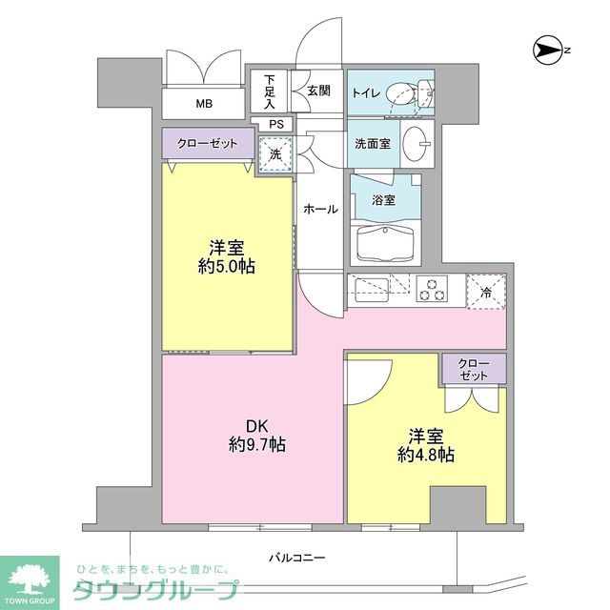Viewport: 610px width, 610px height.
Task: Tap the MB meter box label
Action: (x=205, y=104)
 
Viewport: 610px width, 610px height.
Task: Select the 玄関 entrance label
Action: (x=318, y=91)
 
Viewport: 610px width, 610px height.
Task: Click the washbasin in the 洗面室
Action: (x=417, y=144)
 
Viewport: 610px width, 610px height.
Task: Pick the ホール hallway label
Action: (x=320, y=208)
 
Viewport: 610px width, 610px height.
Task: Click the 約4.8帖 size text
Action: (x=425, y=455)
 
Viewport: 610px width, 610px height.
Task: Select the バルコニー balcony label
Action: (x=297, y=558)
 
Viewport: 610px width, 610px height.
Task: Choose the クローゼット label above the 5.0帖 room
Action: (x=208, y=143)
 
